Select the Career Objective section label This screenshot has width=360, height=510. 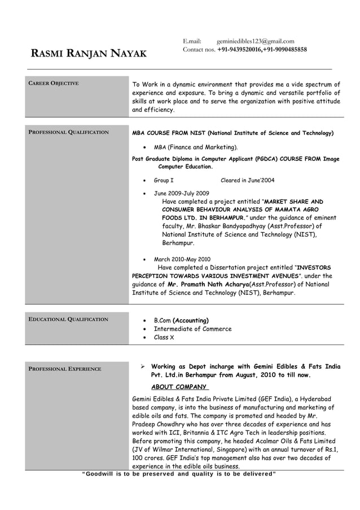pos(54,84)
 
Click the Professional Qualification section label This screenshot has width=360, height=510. pos(68,132)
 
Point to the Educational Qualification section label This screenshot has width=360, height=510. pos(68,320)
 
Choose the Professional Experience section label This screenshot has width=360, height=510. pos(65,369)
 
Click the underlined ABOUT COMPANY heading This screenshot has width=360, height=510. pos(179,387)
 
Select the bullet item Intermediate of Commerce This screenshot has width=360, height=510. pos(192,329)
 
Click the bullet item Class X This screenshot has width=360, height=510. pos(164,337)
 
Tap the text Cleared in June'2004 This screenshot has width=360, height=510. pos(247,180)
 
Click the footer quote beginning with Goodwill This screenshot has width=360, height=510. pos(179,474)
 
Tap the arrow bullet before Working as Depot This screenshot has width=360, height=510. pos(143,367)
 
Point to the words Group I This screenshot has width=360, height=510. pos(164,180)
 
